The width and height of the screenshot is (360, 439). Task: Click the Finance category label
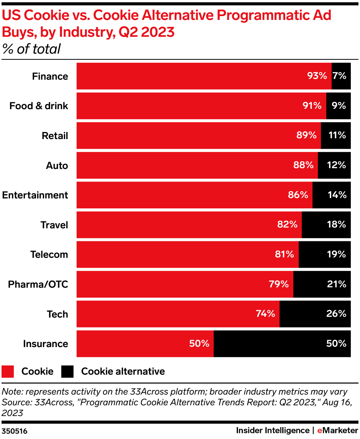coord(50,76)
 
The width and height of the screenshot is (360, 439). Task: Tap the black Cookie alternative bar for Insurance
coord(282,344)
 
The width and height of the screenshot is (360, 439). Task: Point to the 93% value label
coord(317,76)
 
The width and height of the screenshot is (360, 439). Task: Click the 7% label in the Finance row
coord(339,76)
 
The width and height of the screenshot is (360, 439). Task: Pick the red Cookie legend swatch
coord(8,371)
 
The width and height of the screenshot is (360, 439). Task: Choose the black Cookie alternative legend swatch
coord(67,371)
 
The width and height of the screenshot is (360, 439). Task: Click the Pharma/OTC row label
coord(38,284)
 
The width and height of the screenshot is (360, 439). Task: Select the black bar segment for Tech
coord(315,314)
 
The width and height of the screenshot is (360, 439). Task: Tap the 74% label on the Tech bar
coord(265,314)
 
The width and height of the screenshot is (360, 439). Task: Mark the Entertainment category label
coord(35,195)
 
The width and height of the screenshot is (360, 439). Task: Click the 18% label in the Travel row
coord(337,224)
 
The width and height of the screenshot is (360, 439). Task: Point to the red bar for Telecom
coord(187,254)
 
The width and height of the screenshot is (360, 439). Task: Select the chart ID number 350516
coord(14,431)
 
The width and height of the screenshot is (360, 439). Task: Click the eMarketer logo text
coord(337,431)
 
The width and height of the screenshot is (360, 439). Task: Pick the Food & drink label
coord(39,106)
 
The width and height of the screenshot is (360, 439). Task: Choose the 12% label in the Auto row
coord(337,165)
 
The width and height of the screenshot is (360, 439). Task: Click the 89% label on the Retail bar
coord(307,135)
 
